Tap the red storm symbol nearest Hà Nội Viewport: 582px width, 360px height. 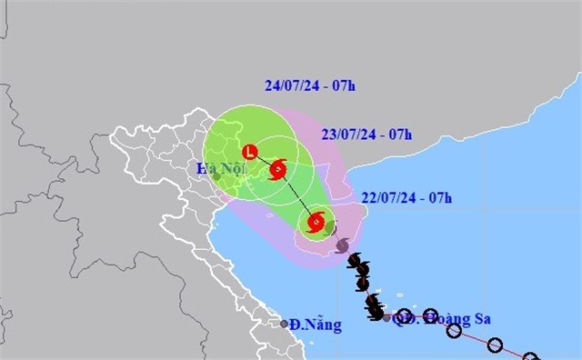tap(278, 169)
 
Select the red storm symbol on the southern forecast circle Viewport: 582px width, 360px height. tap(316, 221)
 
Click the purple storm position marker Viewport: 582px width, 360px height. tap(342, 245)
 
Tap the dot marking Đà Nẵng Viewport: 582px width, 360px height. tap(285, 324)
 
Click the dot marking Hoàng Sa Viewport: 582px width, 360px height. tap(387, 318)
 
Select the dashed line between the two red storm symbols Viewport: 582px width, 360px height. tap(297, 195)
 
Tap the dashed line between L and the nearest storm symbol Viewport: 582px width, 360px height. tap(264, 160)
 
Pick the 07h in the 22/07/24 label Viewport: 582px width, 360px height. tap(441, 196)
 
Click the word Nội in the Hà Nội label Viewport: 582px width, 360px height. tap(231, 170)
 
